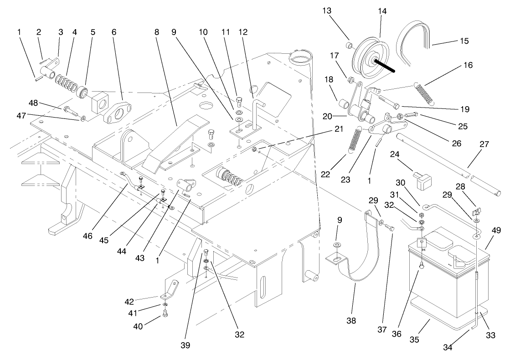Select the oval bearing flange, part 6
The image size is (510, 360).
pos(117,112)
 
